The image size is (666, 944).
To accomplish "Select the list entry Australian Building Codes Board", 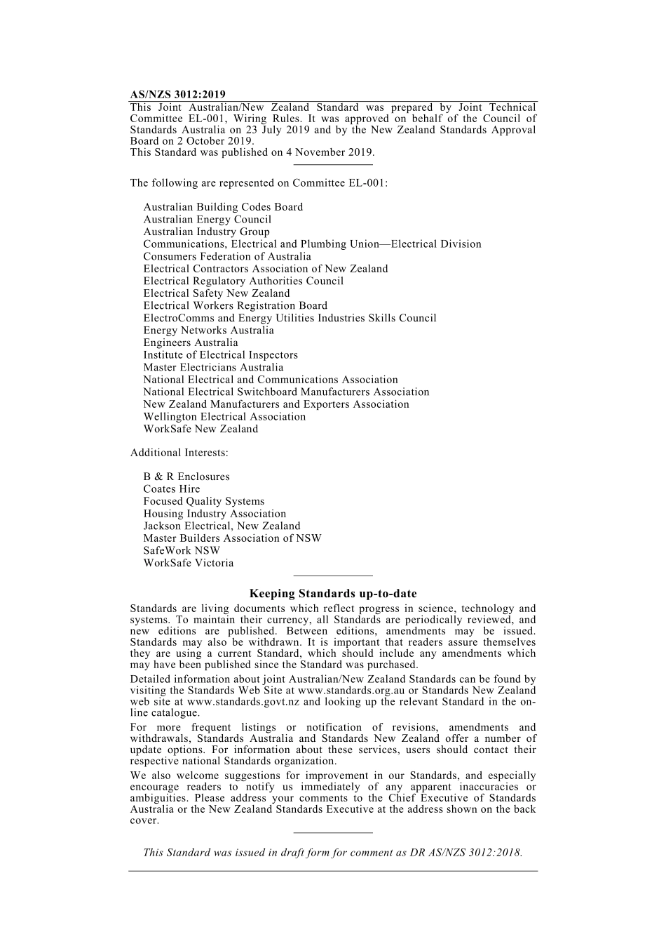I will [223, 207].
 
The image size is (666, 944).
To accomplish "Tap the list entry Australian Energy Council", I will [207, 220].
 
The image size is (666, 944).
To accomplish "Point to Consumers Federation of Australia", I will [227, 256].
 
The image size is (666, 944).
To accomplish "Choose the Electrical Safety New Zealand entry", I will [216, 293].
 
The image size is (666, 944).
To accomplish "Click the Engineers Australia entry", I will [191, 343].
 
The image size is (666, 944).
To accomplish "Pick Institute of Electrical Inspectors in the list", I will [220, 355].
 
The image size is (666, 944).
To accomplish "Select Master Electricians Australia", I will [213, 367].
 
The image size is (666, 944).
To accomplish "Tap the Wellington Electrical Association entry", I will [224, 417].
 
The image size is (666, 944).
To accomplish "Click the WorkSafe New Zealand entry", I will [201, 429].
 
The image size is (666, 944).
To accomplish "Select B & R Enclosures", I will [186, 477].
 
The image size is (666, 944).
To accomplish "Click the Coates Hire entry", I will [172, 489].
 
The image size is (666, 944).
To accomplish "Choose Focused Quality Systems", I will [204, 501].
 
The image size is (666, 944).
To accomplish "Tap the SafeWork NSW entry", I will [182, 550].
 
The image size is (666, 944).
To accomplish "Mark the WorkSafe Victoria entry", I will [189, 563].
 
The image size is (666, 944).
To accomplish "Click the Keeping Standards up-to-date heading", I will [333, 594].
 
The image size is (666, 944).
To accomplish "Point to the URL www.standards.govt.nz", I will [243, 702].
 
